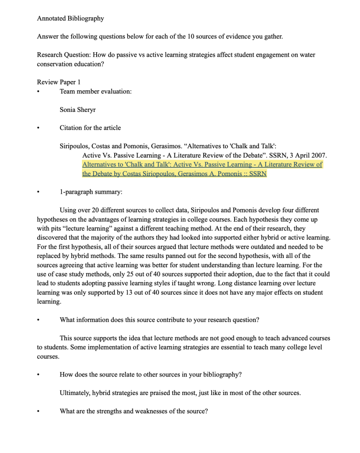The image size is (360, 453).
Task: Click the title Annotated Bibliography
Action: coord(70,19)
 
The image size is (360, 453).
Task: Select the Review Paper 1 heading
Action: coord(58,82)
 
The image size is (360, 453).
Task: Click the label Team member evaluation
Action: coord(95,92)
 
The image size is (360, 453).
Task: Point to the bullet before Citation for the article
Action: coord(39,128)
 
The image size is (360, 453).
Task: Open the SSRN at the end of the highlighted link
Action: coord(258,174)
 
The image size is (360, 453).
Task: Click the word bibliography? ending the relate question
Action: coord(222,375)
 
